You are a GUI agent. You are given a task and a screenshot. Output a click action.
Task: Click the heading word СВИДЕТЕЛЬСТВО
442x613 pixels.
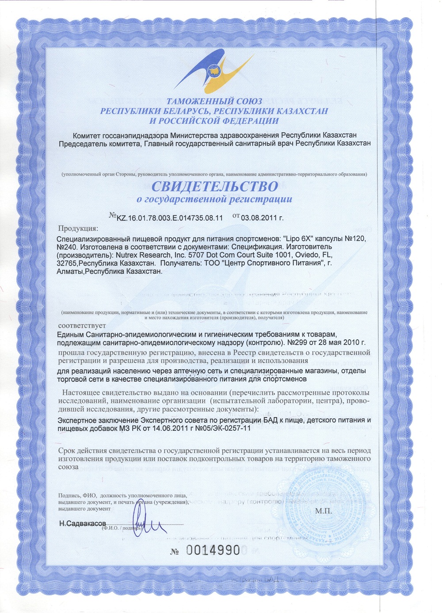coord(215,186)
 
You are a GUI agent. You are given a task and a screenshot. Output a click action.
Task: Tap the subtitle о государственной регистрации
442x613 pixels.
coord(214,199)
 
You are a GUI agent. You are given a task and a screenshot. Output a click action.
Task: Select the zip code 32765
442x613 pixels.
coord(69,263)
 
